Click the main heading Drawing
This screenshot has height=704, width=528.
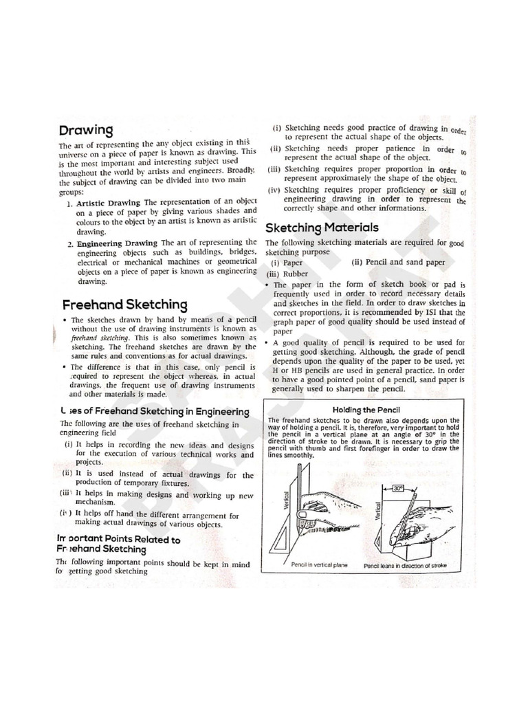click(x=86, y=130)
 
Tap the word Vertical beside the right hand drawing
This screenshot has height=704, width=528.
click(x=377, y=510)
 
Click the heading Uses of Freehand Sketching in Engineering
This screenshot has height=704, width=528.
click(x=149, y=410)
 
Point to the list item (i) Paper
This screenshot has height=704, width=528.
click(x=287, y=262)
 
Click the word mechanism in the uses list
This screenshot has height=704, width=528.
click(x=96, y=503)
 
